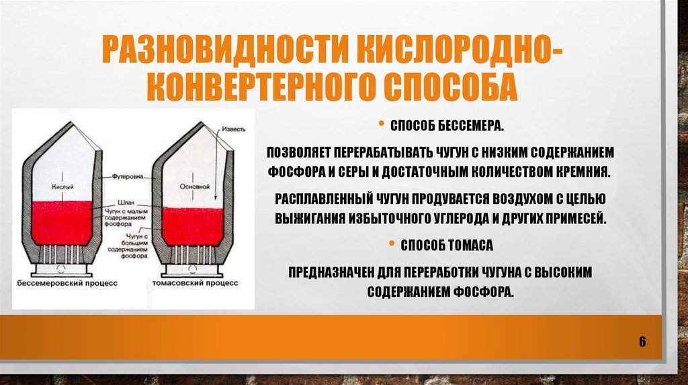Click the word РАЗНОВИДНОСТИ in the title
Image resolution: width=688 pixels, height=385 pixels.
[x=226, y=48]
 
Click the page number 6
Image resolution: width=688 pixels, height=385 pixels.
[x=642, y=341]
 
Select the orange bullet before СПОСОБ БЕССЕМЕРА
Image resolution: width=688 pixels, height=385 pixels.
[x=382, y=124]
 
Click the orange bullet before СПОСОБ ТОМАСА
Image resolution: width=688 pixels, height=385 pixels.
[x=392, y=243]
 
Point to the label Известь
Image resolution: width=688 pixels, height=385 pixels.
[x=234, y=129]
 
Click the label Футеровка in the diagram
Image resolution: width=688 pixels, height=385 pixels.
[x=127, y=176]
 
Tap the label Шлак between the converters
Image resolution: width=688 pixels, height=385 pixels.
[x=126, y=203]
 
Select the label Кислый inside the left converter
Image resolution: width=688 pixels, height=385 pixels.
[x=62, y=186]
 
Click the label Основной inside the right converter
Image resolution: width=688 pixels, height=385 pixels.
[x=194, y=186]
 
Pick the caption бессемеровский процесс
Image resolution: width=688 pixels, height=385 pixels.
[x=68, y=283]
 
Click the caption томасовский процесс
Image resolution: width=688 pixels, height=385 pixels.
[x=196, y=283]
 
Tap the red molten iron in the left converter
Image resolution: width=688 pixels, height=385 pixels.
[x=62, y=223]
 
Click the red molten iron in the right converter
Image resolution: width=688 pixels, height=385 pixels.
[x=192, y=225]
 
